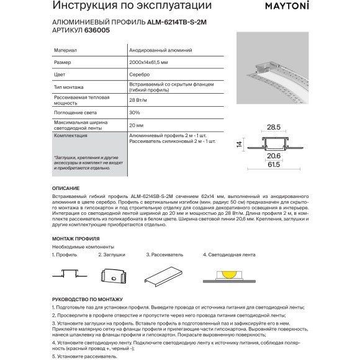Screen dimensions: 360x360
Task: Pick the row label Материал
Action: [x=66, y=51]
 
